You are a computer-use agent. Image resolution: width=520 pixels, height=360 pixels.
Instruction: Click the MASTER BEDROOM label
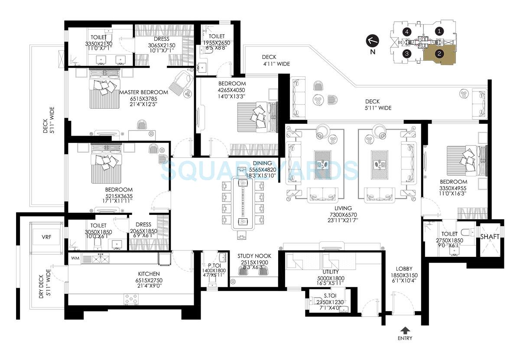coord(143,92)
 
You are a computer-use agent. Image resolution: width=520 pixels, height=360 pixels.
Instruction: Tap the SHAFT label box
coord(490,237)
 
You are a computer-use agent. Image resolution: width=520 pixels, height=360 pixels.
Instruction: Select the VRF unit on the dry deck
coord(46,238)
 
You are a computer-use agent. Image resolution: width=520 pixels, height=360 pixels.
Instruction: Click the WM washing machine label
coord(75,259)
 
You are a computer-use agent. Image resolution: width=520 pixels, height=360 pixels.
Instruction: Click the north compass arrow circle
coord(373,41)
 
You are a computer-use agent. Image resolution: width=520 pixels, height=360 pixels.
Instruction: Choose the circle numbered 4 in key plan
coord(406,31)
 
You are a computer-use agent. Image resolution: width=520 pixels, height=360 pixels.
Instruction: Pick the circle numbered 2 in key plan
coord(439,54)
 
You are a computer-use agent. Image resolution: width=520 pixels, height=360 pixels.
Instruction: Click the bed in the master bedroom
coord(104,92)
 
